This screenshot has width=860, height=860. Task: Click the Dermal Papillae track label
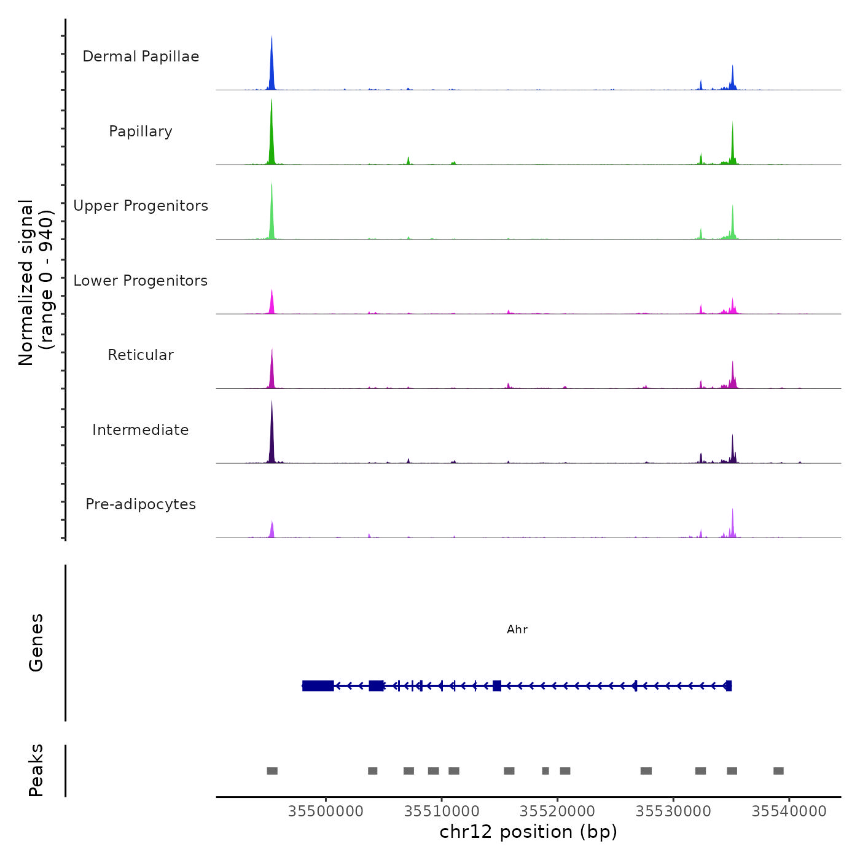(141, 57)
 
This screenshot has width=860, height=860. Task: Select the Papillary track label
(141, 131)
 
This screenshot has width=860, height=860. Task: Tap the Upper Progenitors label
(141, 206)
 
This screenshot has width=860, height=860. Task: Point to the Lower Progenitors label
(141, 281)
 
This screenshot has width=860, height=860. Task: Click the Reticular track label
(141, 355)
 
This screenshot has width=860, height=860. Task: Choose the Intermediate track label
(141, 430)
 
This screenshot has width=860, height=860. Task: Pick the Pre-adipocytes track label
(141, 504)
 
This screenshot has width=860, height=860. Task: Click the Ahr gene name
(517, 630)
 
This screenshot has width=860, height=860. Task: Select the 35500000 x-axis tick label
(326, 811)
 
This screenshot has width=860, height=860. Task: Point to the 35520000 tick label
(558, 811)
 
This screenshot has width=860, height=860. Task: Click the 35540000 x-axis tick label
(789, 811)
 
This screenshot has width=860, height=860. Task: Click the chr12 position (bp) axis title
(528, 832)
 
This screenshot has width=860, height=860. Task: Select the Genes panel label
(36, 643)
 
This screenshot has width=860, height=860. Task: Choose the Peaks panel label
(36, 770)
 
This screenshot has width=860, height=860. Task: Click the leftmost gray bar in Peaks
(272, 771)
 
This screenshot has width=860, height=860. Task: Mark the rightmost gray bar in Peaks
(778, 771)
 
